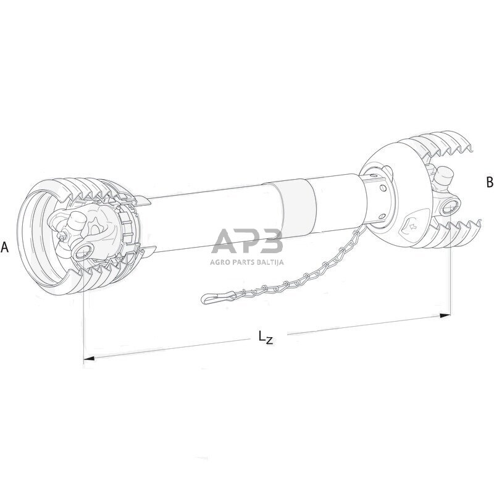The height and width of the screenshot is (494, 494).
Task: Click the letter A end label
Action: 5,247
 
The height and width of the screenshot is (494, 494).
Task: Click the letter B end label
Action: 490,182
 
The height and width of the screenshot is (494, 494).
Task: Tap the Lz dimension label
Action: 266,337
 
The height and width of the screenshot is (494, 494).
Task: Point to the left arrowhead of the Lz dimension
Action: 88,358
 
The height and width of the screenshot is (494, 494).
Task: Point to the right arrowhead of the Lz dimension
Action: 445,315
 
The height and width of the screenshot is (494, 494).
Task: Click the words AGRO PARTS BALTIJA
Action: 247,262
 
